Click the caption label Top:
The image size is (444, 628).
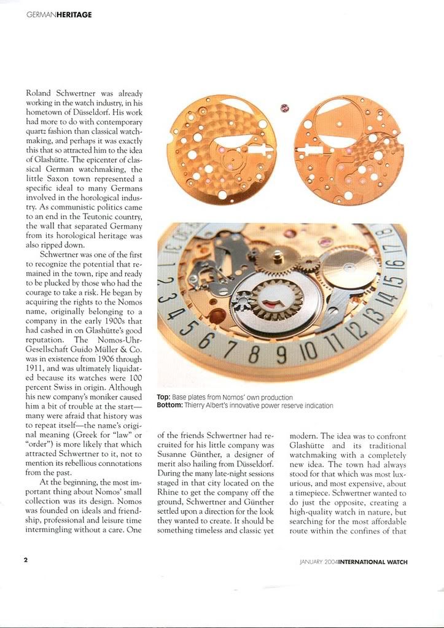164,398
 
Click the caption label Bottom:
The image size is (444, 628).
169,406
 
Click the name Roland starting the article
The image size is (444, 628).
39,93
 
